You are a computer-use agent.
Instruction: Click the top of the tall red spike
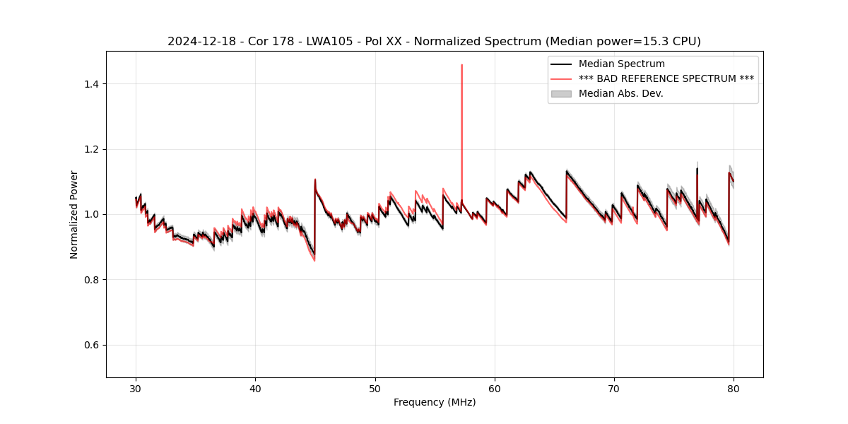pos(461,65)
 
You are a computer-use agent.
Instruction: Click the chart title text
pos(434,42)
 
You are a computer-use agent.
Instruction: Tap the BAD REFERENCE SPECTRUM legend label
pos(666,78)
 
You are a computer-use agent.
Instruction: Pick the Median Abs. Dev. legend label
pos(620,93)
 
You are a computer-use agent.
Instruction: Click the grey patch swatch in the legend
pos(561,93)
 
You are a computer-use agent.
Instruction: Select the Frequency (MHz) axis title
pos(435,403)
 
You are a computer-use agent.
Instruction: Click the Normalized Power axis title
pos(74,214)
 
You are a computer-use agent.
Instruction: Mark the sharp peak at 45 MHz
pos(315,179)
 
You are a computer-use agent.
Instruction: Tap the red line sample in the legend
pos(561,78)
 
